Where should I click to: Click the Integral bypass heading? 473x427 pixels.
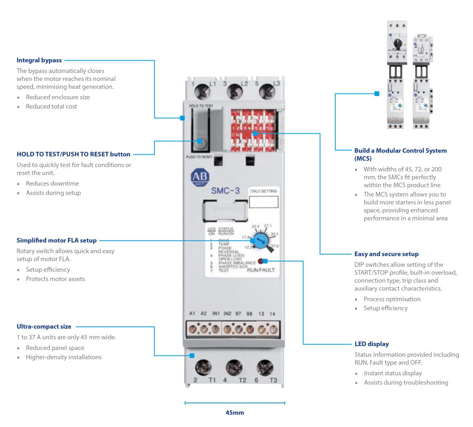tap(39, 60)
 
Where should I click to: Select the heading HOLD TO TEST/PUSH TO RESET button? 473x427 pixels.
tap(73, 154)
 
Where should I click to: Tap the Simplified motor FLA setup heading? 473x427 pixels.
tap(57, 240)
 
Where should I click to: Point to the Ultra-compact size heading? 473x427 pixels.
tap(44, 327)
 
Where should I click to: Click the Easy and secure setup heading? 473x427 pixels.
tap(386, 254)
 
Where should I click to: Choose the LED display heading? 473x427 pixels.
tap(371, 344)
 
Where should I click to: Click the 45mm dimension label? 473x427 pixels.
tap(235, 413)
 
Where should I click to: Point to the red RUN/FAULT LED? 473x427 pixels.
tap(261, 261)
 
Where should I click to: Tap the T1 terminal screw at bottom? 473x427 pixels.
tap(201, 367)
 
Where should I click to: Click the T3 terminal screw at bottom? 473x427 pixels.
tap(264, 367)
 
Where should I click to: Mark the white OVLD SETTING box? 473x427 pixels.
tap(263, 202)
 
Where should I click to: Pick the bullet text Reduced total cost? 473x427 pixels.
tap(51, 107)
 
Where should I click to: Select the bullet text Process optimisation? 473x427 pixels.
tap(392, 299)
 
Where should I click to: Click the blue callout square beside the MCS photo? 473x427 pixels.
tap(377, 93)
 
